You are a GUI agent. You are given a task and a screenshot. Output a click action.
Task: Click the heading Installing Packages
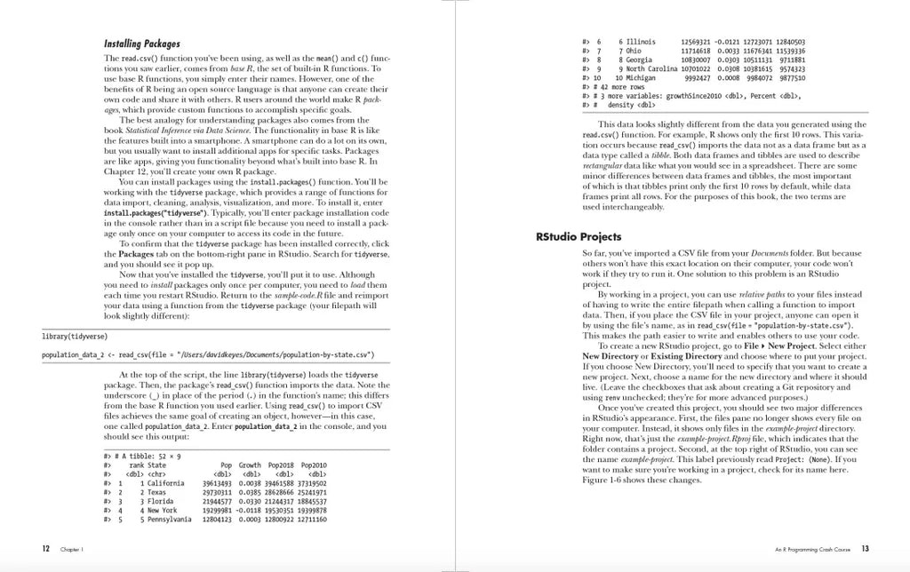142,44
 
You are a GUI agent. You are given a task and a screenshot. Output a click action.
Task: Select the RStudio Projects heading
579,237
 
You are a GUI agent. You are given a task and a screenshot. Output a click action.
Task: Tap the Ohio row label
634,51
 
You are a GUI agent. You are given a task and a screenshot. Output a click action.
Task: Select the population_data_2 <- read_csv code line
207,355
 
